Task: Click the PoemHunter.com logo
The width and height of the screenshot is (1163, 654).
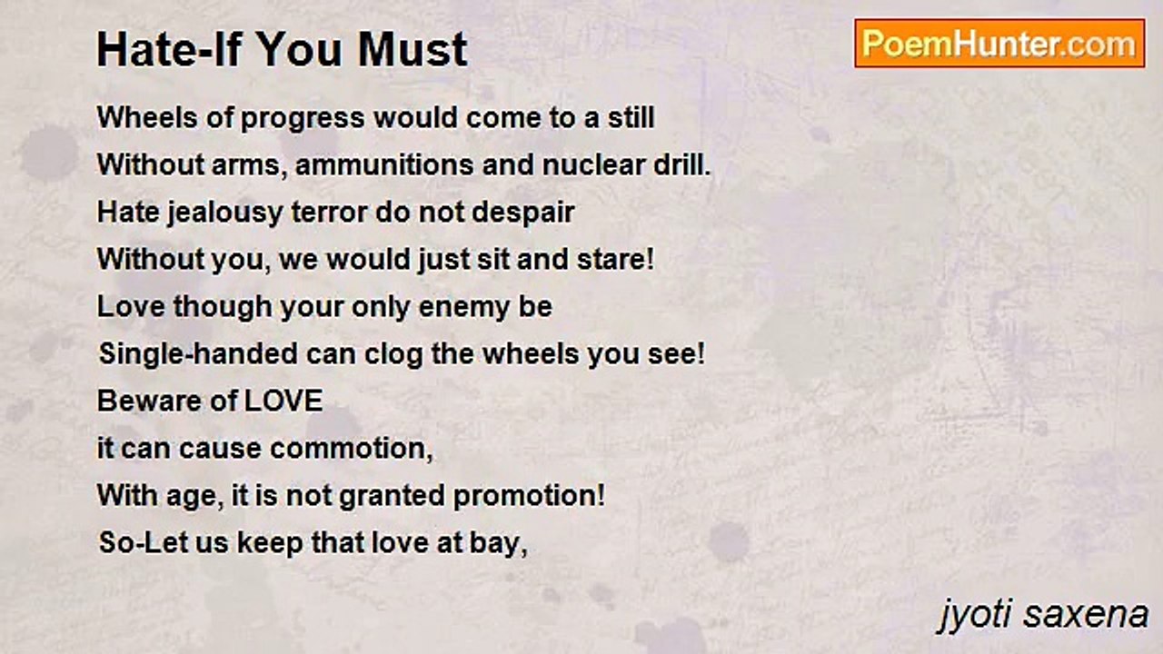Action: pyautogui.click(x=999, y=44)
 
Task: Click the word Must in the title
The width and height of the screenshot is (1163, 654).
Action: pyautogui.click(x=413, y=50)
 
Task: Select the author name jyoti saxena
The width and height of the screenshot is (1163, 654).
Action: pyautogui.click(x=1044, y=616)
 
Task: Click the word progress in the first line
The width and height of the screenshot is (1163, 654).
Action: pyautogui.click(x=303, y=119)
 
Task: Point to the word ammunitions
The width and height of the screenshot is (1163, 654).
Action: pyautogui.click(x=384, y=165)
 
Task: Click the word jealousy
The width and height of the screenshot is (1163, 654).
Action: pyautogui.click(x=224, y=213)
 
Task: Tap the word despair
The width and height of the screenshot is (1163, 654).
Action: pyautogui.click(x=522, y=213)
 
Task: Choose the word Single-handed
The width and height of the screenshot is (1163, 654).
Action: pyautogui.click(x=198, y=354)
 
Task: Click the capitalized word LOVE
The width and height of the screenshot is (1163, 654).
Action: pyautogui.click(x=283, y=401)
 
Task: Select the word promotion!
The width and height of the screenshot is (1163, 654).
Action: pyautogui.click(x=529, y=497)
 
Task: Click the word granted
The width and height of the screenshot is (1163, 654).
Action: pyautogui.click(x=392, y=497)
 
